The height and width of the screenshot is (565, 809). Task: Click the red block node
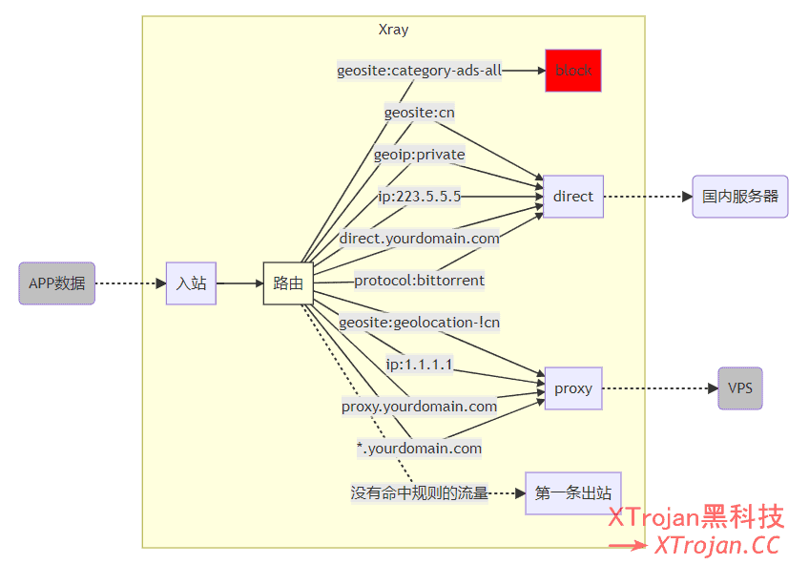point(573,71)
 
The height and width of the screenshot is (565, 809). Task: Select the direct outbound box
point(573,197)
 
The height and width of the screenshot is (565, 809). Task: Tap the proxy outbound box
point(573,388)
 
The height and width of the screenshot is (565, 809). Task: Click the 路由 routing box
point(288,283)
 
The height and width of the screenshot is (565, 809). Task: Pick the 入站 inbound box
point(191,283)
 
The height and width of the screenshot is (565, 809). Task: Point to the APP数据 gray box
point(57,283)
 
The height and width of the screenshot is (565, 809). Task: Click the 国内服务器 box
point(740,197)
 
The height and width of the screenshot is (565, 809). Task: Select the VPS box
point(740,388)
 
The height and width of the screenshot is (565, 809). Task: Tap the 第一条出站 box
point(573,493)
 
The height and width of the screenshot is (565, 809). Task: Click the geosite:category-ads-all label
point(419,71)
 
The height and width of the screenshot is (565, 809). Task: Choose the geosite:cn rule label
point(419,113)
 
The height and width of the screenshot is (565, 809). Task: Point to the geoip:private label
point(419,155)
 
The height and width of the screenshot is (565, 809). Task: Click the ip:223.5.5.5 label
point(419,197)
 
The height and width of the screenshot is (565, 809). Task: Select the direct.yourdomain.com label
point(419,239)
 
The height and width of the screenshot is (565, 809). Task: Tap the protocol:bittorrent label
point(419,281)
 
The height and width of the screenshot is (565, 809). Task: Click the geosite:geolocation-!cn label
point(419,323)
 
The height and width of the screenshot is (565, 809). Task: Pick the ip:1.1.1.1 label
point(419,365)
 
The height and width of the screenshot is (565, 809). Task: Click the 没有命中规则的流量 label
point(419,493)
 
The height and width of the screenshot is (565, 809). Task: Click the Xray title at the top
point(393,30)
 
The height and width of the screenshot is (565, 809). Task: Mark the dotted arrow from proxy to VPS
point(658,388)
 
